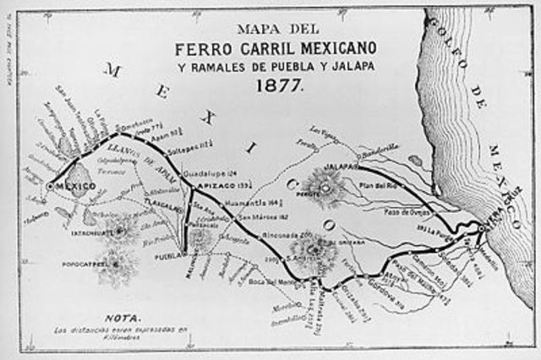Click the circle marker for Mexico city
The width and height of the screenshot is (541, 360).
click(51, 184)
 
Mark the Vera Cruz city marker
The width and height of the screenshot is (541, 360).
click(479, 228)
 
